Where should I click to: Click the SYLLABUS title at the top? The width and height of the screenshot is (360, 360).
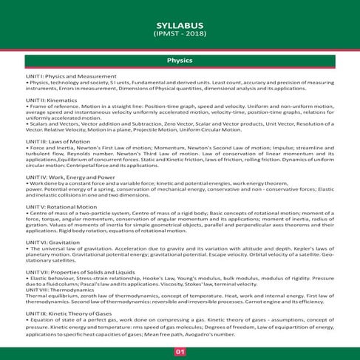click(180, 24)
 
